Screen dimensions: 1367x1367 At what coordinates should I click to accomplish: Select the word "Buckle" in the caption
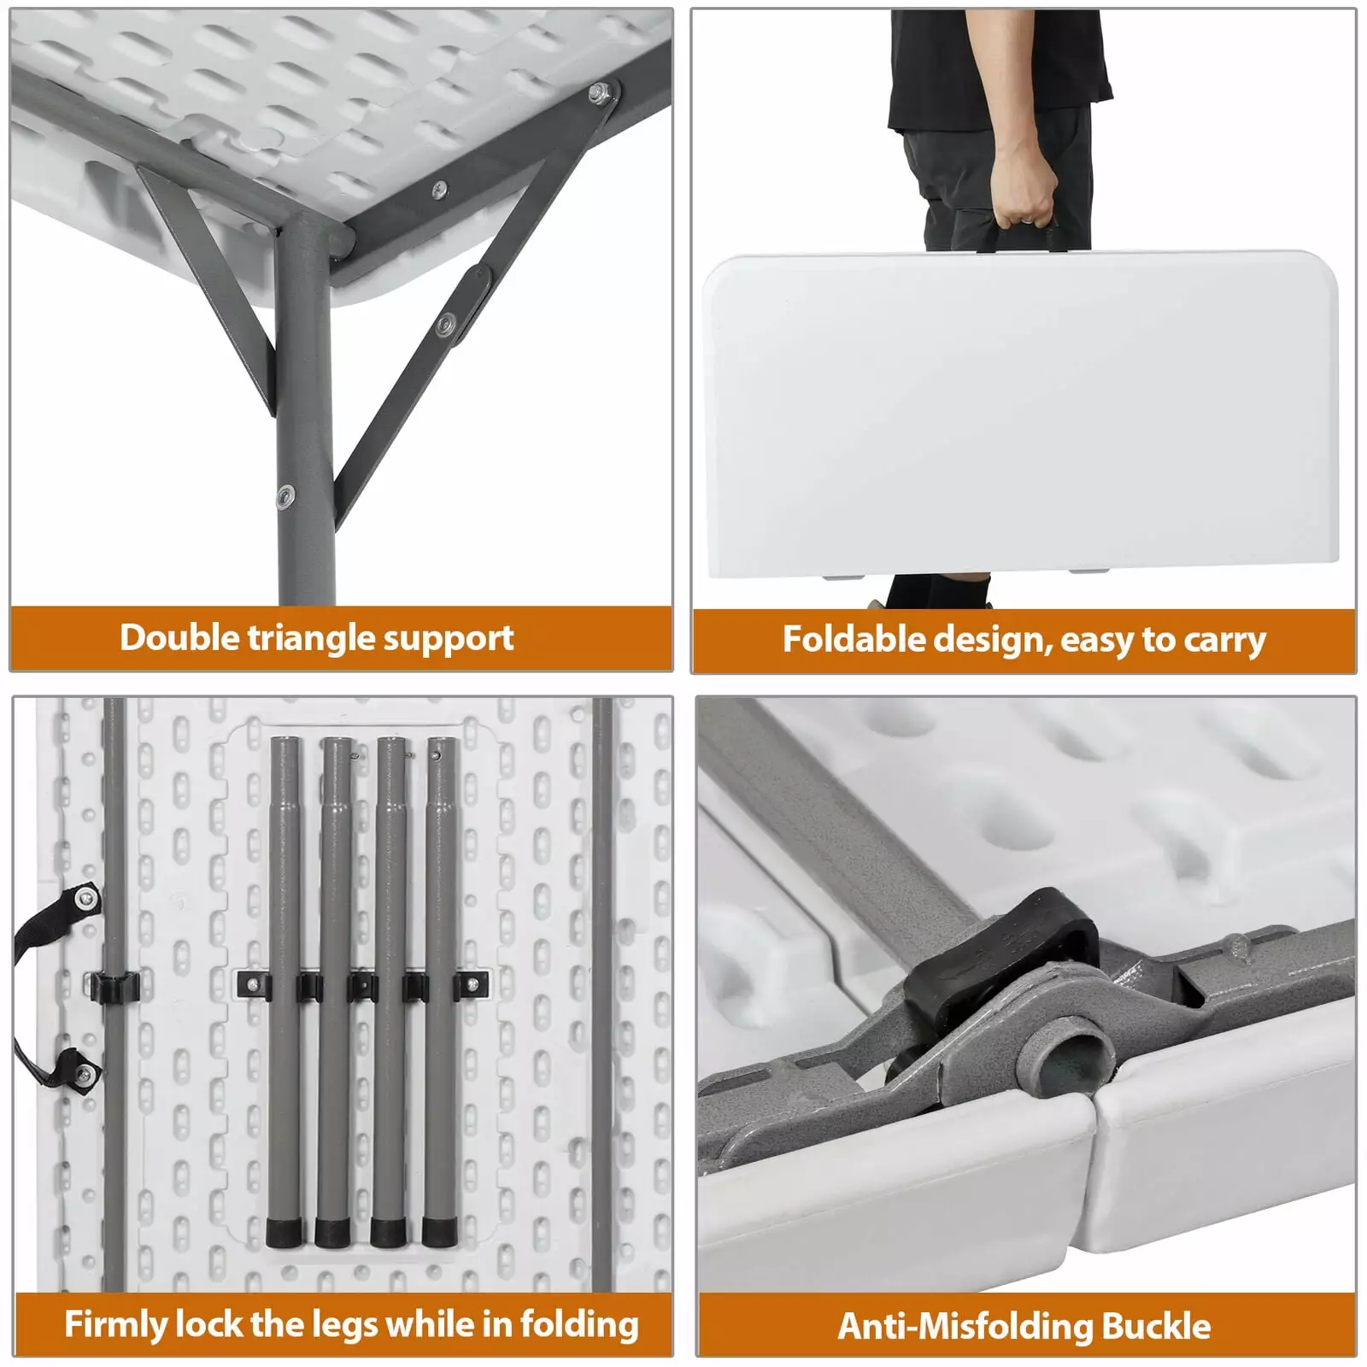[1156, 1326]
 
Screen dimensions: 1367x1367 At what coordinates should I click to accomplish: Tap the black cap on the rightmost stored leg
[440, 1230]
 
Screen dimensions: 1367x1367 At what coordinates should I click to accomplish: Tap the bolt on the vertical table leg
[285, 495]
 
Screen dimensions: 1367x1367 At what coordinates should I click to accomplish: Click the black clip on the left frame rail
[114, 986]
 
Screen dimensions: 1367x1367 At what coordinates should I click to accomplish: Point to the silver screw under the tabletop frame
[440, 187]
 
